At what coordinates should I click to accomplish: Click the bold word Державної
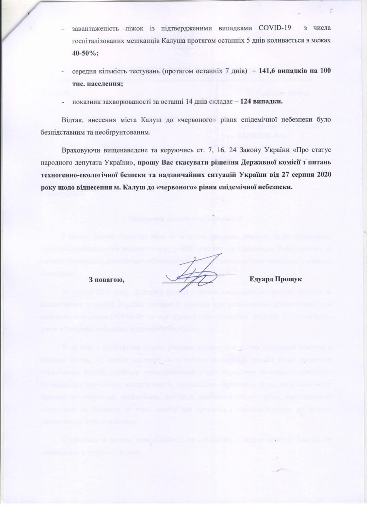238,163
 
